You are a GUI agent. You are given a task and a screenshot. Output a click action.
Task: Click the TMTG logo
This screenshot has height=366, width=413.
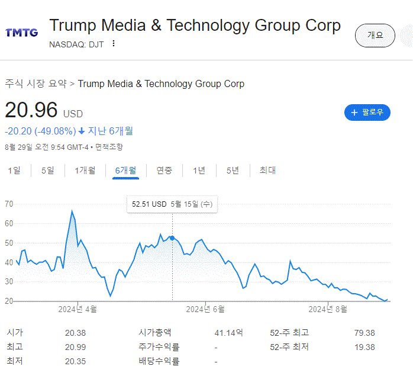(x=21, y=33)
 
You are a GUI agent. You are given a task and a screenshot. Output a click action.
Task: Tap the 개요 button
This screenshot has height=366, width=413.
(x=375, y=36)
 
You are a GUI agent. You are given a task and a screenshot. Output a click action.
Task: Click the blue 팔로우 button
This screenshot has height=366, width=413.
(x=367, y=112)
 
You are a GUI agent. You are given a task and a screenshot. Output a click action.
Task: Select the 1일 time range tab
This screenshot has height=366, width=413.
(x=14, y=171)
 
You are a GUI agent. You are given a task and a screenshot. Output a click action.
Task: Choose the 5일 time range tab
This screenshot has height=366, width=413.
(x=47, y=171)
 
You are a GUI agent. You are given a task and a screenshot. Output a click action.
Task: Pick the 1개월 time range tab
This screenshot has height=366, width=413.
(x=85, y=171)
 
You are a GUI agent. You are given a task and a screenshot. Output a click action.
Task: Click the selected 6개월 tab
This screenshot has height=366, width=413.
(x=125, y=171)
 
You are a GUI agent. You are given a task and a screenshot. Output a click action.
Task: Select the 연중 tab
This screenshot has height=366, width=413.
(x=164, y=171)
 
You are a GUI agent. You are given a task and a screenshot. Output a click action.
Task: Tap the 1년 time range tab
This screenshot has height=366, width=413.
(x=199, y=171)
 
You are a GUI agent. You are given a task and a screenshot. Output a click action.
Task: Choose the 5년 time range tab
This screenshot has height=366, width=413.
(x=233, y=171)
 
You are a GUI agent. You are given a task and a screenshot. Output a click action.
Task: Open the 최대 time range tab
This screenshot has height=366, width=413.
(x=267, y=171)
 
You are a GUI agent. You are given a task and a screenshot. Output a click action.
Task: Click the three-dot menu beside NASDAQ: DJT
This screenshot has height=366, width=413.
(x=114, y=43)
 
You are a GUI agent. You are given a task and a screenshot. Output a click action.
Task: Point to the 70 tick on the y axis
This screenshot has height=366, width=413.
(x=9, y=204)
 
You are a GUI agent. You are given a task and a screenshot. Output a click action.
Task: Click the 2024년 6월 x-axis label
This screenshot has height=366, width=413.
(x=205, y=309)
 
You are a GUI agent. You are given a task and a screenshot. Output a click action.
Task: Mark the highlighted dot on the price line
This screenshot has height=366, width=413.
(x=172, y=237)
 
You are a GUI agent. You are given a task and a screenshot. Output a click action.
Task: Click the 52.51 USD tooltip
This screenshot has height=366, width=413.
(x=172, y=204)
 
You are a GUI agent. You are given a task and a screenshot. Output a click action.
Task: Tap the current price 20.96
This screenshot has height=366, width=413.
(x=31, y=110)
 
